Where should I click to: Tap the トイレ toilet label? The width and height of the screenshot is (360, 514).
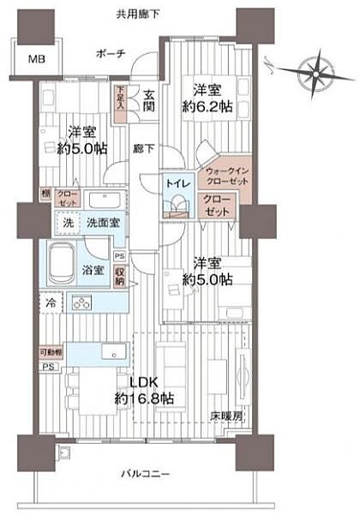[177, 182]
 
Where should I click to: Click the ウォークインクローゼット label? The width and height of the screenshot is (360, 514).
[225, 176]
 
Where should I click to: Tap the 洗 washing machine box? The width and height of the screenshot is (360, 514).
[67, 222]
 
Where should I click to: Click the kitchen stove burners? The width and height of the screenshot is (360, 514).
[82, 302]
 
